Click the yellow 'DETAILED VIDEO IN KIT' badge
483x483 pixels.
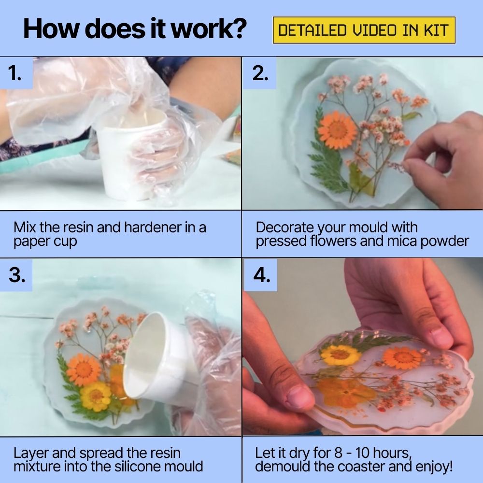pyautogui.click(x=364, y=30)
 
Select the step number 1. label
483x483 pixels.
pyautogui.click(x=15, y=73)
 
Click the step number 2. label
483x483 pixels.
pyautogui.click(x=260, y=73)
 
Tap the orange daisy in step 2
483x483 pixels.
pyautogui.click(x=337, y=129)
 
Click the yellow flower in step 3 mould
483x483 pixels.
pyautogui.click(x=95, y=396)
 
